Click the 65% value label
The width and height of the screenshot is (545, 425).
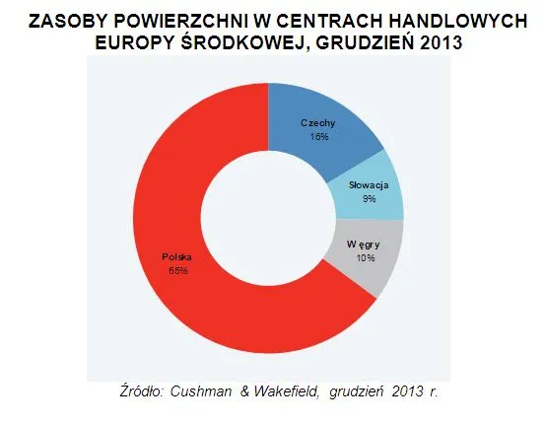(178, 270)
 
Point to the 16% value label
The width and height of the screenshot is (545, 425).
(318, 136)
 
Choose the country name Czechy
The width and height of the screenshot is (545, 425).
(318, 123)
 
